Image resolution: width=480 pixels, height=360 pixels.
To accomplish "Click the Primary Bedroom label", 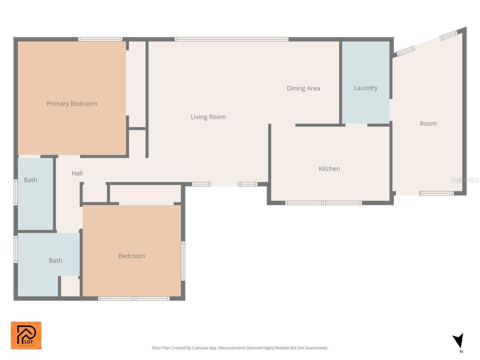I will pyautogui.click(x=72, y=104).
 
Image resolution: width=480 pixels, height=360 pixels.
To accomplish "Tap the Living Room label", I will pyautogui.click(x=208, y=117).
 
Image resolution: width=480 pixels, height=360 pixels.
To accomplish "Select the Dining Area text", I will pyautogui.click(x=303, y=88).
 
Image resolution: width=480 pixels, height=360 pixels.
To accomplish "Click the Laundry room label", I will pyautogui.click(x=366, y=88).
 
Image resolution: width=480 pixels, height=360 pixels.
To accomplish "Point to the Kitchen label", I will pyautogui.click(x=329, y=169).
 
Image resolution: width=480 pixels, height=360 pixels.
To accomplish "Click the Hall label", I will pyautogui.click(x=77, y=173).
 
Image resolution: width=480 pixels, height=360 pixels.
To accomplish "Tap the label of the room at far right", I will pyautogui.click(x=428, y=123).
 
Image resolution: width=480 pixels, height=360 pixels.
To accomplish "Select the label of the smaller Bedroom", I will pyautogui.click(x=132, y=256).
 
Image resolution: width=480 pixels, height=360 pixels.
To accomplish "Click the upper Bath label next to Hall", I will pyautogui.click(x=30, y=180).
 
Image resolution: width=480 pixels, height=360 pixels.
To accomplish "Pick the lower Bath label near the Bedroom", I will pyautogui.click(x=55, y=261).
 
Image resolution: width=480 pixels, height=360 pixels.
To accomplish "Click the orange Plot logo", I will pyautogui.click(x=26, y=335).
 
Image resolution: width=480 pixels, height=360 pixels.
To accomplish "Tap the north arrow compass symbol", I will pyautogui.click(x=458, y=341).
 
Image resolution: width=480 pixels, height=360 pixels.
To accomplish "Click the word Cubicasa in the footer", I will pyautogui.click(x=200, y=348).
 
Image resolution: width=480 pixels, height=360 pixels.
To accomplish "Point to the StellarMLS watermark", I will pyautogui.click(x=465, y=180).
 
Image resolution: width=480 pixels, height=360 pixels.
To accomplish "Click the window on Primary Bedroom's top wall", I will pyautogui.click(x=100, y=39).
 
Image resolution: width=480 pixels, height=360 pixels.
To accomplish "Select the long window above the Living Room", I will pyautogui.click(x=231, y=39).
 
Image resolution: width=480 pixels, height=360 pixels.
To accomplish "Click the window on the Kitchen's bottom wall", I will pyautogui.click(x=323, y=203).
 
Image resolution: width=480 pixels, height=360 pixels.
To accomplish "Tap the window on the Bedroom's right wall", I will pyautogui.click(x=183, y=261).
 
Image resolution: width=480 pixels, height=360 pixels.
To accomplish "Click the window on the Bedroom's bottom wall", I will pyautogui.click(x=134, y=298).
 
